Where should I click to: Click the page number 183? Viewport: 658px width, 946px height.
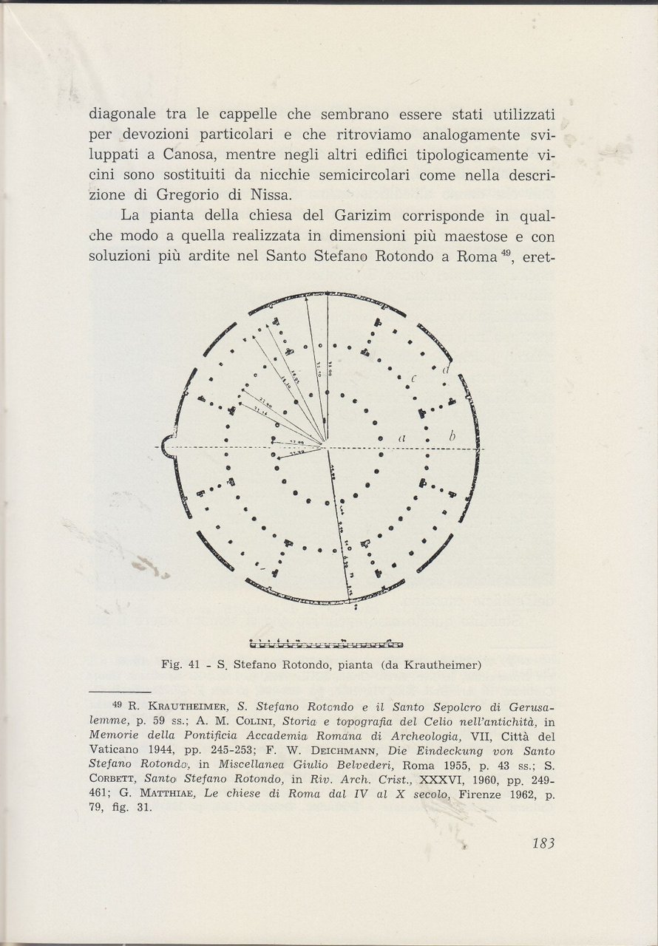click(542, 843)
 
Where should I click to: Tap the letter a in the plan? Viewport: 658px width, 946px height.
click(402, 438)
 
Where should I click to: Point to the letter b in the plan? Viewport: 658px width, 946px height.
click(452, 438)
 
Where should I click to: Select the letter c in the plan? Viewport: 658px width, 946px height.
click(414, 379)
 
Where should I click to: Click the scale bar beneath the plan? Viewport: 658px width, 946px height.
click(327, 644)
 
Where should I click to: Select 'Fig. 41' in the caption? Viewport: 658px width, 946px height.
click(182, 664)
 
